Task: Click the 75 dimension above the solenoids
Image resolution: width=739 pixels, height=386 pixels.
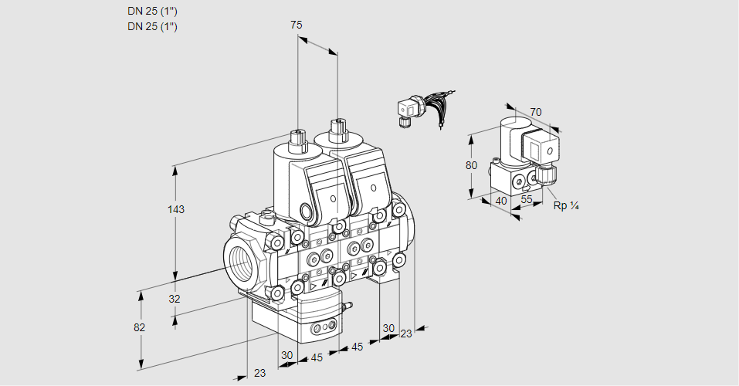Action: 296,25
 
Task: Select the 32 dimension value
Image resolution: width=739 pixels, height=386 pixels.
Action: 174,299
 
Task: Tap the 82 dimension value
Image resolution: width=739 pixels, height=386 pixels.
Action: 140,327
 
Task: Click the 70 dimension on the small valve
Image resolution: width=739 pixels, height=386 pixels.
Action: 536,112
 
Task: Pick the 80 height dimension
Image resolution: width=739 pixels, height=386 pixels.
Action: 472,164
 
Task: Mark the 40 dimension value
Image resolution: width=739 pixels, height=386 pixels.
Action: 500,201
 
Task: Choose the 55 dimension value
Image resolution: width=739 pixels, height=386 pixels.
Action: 527,199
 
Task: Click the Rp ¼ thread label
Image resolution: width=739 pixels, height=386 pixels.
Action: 566,206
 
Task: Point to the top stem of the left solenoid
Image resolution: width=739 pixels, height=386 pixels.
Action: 296,140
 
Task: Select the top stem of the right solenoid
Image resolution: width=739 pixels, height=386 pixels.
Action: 337,129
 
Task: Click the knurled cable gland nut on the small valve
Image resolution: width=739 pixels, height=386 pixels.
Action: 547,175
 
